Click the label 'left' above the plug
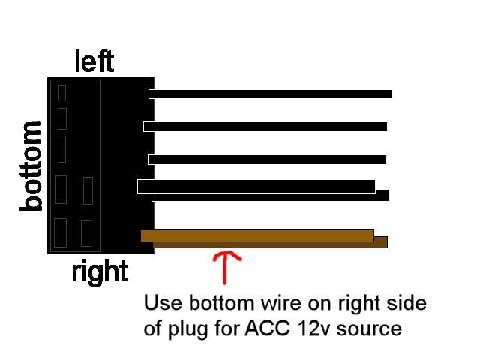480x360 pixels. pyautogui.click(x=94, y=61)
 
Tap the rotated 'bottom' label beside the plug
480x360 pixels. pyautogui.click(x=31, y=166)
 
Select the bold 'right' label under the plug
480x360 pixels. pyautogui.click(x=100, y=272)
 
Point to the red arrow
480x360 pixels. pyautogui.click(x=226, y=267)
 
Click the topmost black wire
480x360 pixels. pyautogui.click(x=270, y=94)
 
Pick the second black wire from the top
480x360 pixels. pyautogui.click(x=265, y=127)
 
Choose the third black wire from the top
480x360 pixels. pyautogui.click(x=267, y=160)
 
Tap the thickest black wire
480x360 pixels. pyautogui.click(x=256, y=187)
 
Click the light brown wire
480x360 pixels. pyautogui.click(x=257, y=235)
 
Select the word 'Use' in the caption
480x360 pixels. pyautogui.click(x=163, y=303)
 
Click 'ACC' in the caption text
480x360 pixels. pyautogui.click(x=267, y=328)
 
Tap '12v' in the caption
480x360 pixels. pyautogui.click(x=313, y=328)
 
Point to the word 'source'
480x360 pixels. pyautogui.click(x=369, y=329)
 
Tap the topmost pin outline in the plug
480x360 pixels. pyautogui.click(x=62, y=93)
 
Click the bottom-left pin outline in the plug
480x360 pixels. pyautogui.click(x=60, y=232)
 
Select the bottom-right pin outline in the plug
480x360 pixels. pyautogui.click(x=86, y=233)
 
